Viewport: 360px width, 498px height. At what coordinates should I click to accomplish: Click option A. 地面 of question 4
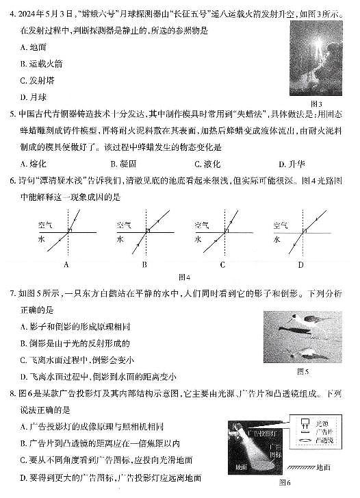35,47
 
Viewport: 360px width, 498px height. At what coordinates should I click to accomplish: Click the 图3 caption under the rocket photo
316,103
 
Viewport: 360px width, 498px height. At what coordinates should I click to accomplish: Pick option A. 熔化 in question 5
34,164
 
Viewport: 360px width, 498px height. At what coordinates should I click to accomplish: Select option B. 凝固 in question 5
123,164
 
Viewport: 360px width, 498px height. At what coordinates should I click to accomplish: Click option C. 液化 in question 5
209,164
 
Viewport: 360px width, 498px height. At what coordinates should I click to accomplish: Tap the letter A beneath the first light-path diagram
66,264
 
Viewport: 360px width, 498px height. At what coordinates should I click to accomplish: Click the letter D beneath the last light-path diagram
300,264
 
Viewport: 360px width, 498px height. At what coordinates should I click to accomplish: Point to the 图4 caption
183,277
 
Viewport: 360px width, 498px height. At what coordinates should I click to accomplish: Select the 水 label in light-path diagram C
198,240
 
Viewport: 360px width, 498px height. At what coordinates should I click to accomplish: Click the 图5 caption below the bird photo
303,372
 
